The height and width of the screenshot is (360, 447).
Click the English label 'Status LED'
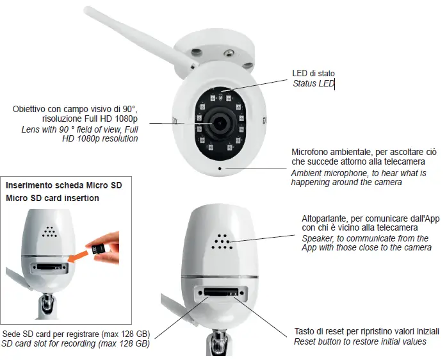(x=313, y=84)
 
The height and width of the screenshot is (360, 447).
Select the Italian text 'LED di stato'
(x=313, y=74)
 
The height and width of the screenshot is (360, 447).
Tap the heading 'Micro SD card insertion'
(x=53, y=198)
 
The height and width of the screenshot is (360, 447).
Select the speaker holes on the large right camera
(x=223, y=241)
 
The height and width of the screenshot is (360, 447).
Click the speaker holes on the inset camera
(x=48, y=232)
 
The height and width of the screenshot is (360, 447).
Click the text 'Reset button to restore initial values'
(x=360, y=342)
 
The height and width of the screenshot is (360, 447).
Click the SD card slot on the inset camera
(x=50, y=265)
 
